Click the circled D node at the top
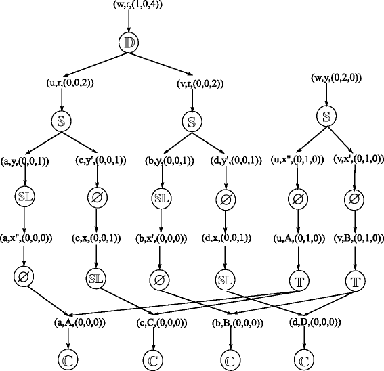pos(129,42)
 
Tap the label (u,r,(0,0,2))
pos(62,83)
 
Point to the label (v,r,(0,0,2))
pos(194,83)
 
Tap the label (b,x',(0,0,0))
pos(161,238)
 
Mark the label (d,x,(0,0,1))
pos(227,238)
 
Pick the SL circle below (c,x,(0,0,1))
pos(95,278)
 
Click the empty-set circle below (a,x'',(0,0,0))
pos(25,278)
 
